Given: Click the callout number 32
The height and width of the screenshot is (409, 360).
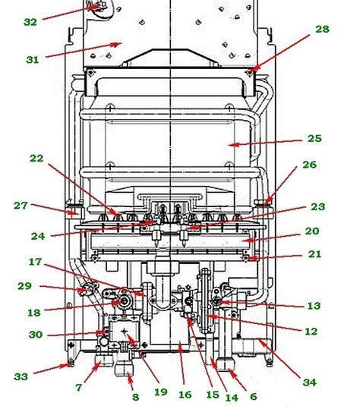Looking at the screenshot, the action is coord(30,22).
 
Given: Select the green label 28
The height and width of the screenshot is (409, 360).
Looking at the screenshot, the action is coord(322,29).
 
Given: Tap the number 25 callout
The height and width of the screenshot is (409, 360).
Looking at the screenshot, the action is coord(314,138).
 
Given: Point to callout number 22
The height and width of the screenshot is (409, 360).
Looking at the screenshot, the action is coord(36,158).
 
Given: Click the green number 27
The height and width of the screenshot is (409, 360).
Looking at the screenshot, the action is coord(21,206).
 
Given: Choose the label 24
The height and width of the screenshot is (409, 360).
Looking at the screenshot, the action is coord(38,236).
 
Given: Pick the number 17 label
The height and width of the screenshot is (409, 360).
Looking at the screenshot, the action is coord(35,262).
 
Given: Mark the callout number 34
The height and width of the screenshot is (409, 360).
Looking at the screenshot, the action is coord(310,382).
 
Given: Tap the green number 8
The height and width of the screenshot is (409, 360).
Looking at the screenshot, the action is coord(135,397).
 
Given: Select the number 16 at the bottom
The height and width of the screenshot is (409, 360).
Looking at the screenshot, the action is coord(185,395).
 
